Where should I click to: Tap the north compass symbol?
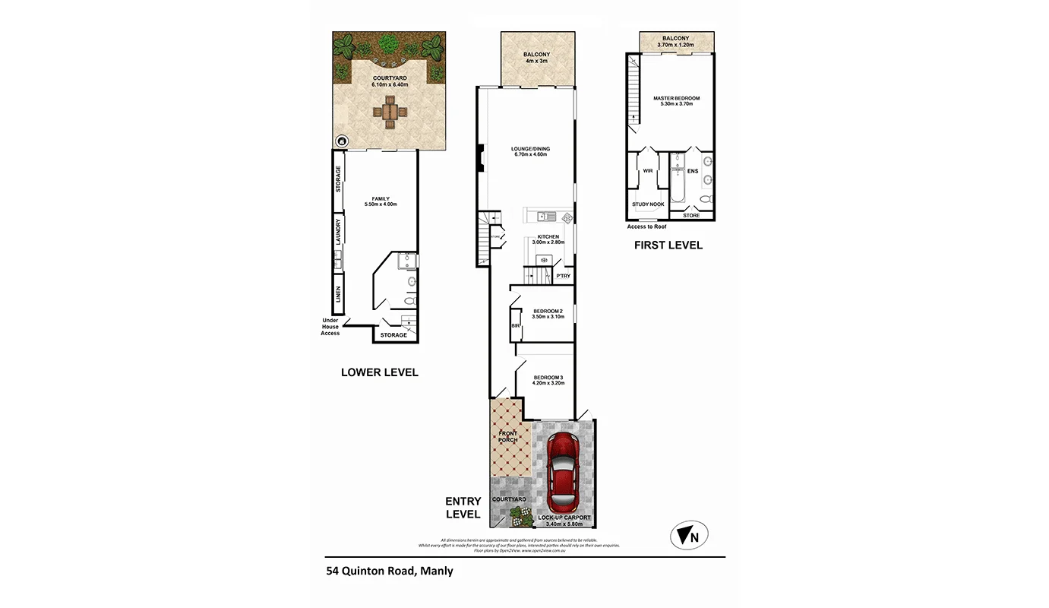coord(689,536)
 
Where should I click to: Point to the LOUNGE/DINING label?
coord(530,151)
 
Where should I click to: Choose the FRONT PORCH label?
coord(507,437)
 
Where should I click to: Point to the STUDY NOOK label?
coord(648,204)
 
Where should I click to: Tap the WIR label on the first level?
coord(648,171)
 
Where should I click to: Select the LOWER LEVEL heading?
coord(379,372)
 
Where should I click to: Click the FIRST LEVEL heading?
coord(668,245)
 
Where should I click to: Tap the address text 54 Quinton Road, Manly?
coord(389,571)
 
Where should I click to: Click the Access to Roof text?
coord(646,226)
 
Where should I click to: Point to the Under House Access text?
coord(330,327)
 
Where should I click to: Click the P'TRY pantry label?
coord(563,276)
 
